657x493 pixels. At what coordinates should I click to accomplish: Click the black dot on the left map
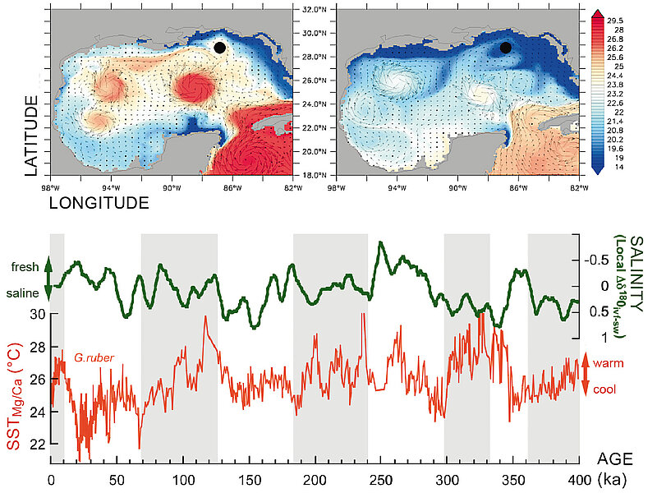tap(219, 48)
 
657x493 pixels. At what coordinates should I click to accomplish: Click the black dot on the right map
tap(506, 48)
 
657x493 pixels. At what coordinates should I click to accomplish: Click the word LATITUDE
tap(31, 136)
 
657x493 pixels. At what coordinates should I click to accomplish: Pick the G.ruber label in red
tap(93, 358)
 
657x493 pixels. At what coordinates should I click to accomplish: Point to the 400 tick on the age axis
tap(579, 480)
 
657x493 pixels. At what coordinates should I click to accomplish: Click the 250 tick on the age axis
tap(380, 480)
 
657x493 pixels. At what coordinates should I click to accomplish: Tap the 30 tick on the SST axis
tap(38, 313)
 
